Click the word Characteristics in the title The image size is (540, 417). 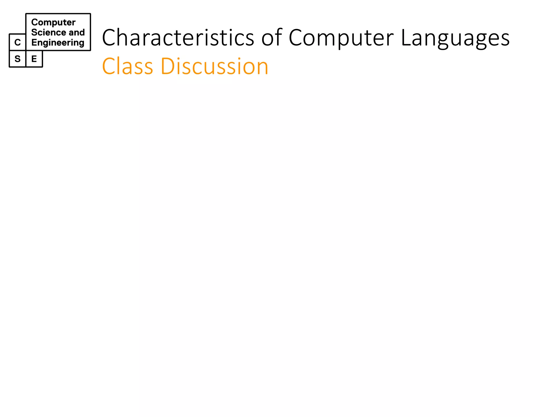(178, 38)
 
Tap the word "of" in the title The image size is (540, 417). (272, 38)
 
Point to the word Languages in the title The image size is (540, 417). (455, 38)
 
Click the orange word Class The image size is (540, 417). (127, 66)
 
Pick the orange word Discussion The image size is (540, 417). (214, 66)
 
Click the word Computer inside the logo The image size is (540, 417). (53, 22)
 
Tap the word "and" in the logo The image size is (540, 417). (77, 32)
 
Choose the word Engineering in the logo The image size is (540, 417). (58, 43)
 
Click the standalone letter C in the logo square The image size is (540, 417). (17, 42)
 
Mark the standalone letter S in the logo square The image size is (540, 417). (17, 59)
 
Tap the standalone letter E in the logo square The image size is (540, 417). (34, 59)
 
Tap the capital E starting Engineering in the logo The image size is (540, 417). (34, 42)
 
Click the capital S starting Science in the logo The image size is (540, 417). (34, 32)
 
